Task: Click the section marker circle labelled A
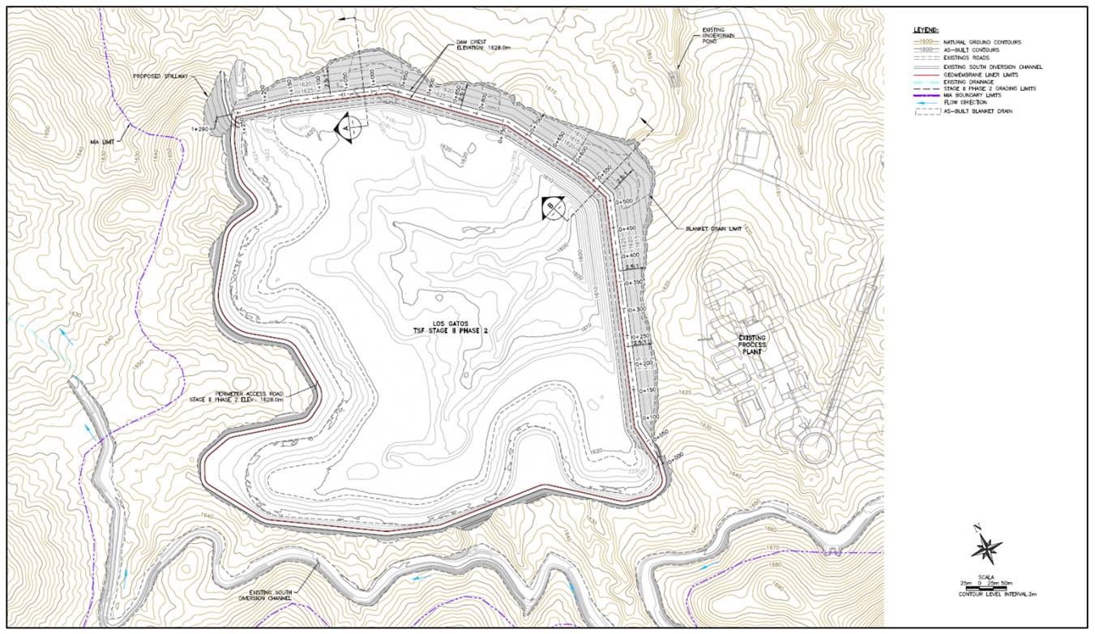(346, 128)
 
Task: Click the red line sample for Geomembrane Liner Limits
(923, 73)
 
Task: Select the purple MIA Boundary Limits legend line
(923, 96)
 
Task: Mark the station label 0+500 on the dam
(623, 200)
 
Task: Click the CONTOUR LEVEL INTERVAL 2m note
(986, 595)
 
